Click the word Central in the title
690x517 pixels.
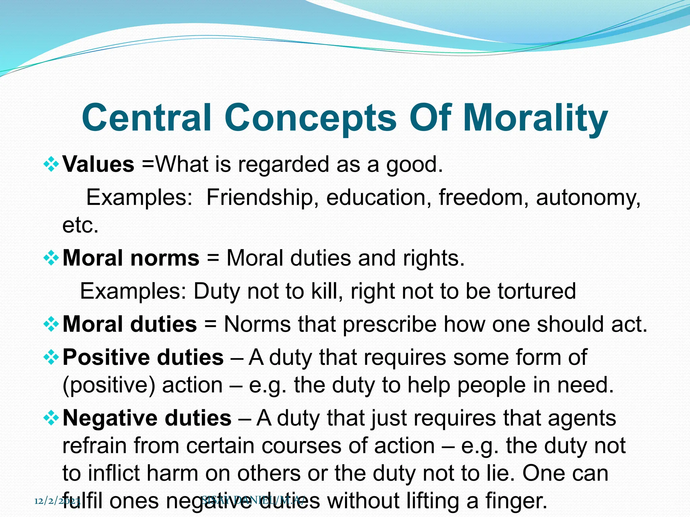click(x=147, y=118)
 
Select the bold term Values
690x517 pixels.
click(x=98, y=165)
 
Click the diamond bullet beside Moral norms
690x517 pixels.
click(x=51, y=258)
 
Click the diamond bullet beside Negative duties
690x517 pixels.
click(x=51, y=419)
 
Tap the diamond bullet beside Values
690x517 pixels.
click(x=51, y=165)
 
